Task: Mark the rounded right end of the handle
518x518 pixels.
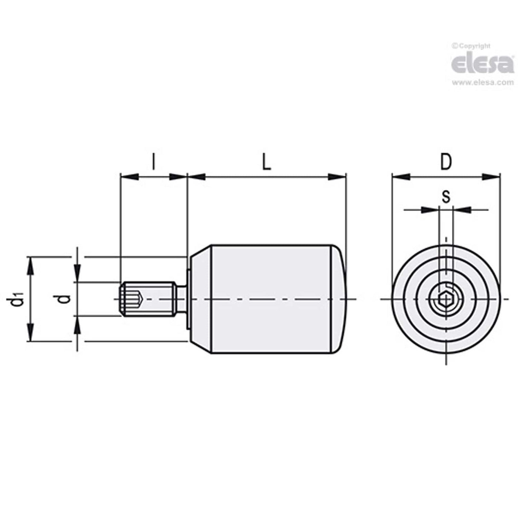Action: pos(339,299)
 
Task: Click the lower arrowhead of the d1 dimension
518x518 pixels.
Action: pos(30,333)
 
